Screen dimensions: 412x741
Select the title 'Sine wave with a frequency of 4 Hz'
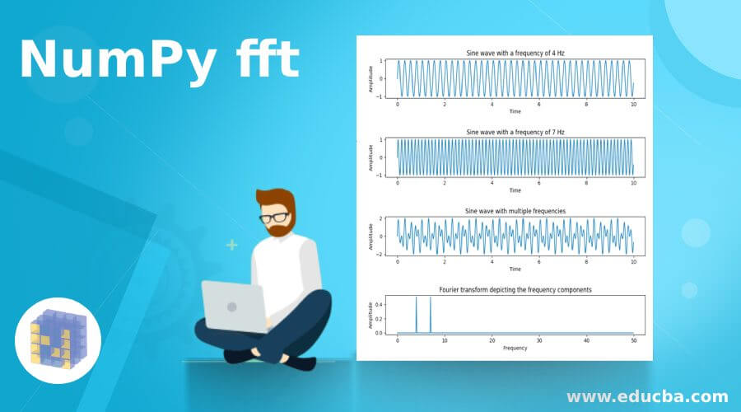pos(515,54)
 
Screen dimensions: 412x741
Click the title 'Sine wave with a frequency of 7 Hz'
pos(515,132)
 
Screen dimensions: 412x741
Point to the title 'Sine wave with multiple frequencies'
pos(515,211)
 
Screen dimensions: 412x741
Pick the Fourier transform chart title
pos(515,290)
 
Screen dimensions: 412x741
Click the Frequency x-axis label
pos(515,348)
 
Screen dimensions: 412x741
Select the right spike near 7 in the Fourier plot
pos(430,315)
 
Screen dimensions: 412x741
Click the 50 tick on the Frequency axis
pos(633,340)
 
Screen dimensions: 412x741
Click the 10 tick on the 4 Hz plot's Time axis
pos(633,105)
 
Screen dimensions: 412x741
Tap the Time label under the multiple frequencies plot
pos(515,269)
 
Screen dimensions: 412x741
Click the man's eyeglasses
pos(275,218)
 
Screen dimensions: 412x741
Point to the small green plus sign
pos(232,245)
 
